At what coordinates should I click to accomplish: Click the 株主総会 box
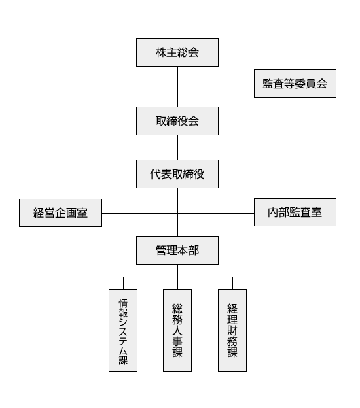[177, 52]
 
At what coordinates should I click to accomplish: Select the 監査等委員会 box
[295, 84]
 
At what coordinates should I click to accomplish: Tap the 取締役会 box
[177, 122]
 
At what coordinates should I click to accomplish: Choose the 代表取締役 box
[177, 175]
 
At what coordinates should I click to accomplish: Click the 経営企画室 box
[60, 213]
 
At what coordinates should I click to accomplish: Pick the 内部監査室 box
[295, 213]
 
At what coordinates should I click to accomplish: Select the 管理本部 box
[177, 251]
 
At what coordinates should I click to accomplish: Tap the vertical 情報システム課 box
[123, 330]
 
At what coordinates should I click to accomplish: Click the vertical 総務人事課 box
[177, 330]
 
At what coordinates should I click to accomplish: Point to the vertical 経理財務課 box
[232, 330]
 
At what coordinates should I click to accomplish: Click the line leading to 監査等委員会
[216, 84]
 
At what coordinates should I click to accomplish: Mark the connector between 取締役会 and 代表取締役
[177, 148]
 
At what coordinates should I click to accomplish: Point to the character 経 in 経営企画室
[39, 213]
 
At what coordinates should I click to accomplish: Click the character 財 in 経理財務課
[232, 330]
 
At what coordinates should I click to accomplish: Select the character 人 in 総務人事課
[177, 330]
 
